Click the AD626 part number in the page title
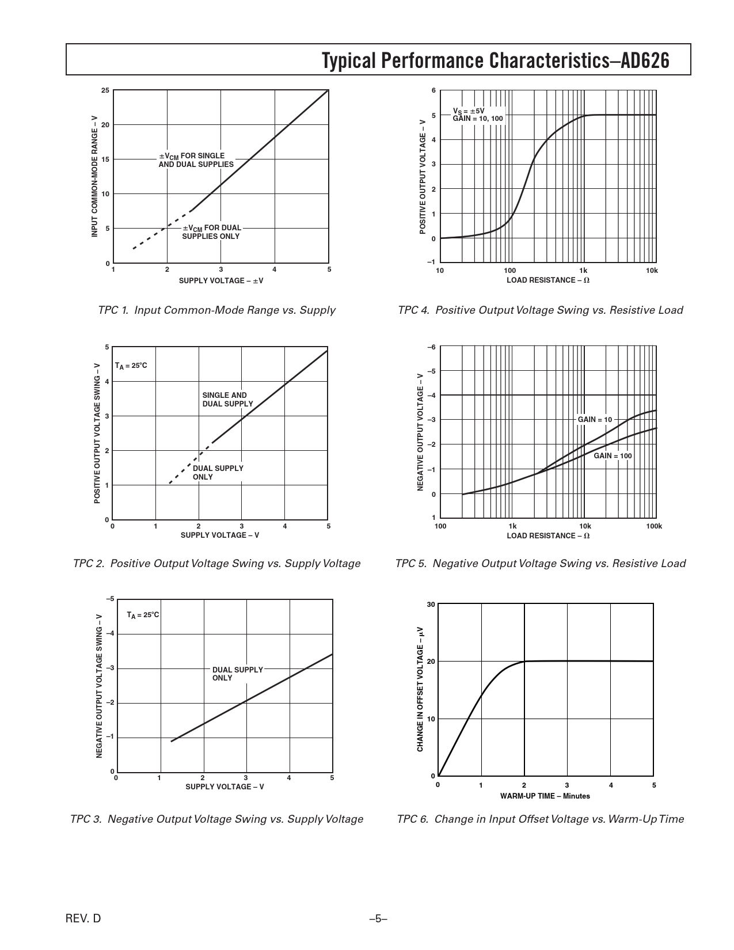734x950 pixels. tap(645, 60)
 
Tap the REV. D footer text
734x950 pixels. tap(83, 918)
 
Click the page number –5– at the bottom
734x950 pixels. tap(378, 918)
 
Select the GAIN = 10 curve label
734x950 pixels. tap(595, 419)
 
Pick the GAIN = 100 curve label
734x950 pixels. tap(613, 455)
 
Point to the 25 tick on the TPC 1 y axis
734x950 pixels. tap(105, 90)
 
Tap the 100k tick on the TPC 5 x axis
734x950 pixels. tap(654, 526)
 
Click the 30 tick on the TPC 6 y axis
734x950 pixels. tap(431, 604)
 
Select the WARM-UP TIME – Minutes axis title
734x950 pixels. tap(545, 796)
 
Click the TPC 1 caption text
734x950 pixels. tap(216, 310)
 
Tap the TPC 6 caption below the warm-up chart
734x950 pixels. tap(540, 818)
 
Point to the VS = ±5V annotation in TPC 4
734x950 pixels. tap(469, 111)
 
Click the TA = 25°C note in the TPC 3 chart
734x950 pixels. tap(143, 615)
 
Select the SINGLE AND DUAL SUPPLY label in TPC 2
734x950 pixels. tap(227, 400)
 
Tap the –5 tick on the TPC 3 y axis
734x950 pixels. tap(109, 599)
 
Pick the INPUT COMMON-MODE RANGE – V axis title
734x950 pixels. tap(95, 176)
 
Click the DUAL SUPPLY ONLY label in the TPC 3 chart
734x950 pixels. tap(237, 674)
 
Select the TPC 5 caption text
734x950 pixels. tap(540, 563)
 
